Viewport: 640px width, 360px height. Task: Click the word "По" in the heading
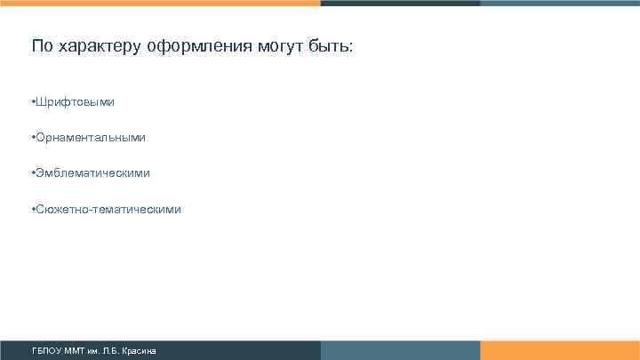[x=42, y=45]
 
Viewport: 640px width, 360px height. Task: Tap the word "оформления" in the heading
[x=178, y=46]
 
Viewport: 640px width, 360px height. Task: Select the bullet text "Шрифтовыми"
[x=75, y=102]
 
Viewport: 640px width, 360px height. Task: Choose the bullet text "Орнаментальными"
[x=90, y=138]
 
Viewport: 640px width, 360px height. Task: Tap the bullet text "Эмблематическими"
[x=92, y=173]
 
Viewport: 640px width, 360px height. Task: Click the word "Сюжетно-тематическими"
[x=108, y=209]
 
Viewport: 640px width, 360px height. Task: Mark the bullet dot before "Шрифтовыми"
[x=32, y=102]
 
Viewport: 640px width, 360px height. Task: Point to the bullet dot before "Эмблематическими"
[x=32, y=173]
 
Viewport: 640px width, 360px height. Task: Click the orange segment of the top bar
[x=160, y=3]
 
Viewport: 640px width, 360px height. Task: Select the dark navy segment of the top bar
[x=400, y=3]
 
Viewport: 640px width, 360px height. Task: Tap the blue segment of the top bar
[x=560, y=3]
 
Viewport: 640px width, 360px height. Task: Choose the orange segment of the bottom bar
[x=560, y=350]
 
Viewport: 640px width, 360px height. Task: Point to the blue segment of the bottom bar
[x=400, y=350]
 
